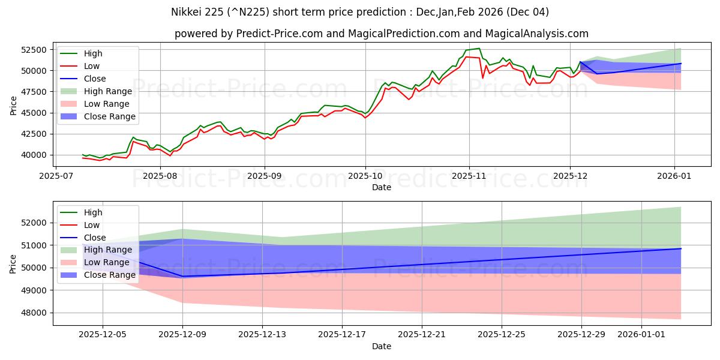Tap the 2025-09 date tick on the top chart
click(x=265, y=176)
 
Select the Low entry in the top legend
click(x=92, y=66)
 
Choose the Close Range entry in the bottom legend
click(x=109, y=275)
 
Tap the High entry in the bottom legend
click(x=93, y=212)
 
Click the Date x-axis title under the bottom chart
click(x=382, y=346)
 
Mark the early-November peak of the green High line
click(x=478, y=48)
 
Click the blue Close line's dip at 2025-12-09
click(x=182, y=276)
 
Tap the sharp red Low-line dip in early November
click(x=483, y=78)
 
